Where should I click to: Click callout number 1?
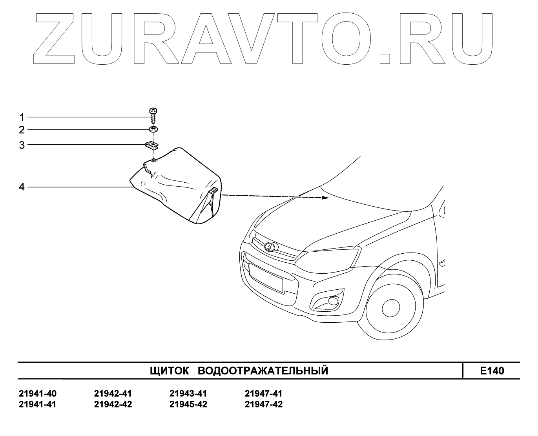click(x=22, y=117)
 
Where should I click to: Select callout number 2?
click(x=22, y=130)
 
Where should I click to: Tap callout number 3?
click(x=22, y=145)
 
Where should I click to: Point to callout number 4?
click(x=22, y=187)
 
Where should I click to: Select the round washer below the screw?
click(x=153, y=129)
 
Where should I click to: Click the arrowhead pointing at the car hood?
click(x=325, y=198)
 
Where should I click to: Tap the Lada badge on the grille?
click(x=270, y=246)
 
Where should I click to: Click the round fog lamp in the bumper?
click(x=334, y=301)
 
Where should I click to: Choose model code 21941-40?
click(x=38, y=394)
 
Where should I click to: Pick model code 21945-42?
click(x=188, y=404)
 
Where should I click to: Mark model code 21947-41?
click(x=263, y=394)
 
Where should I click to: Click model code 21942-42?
click(x=113, y=404)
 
